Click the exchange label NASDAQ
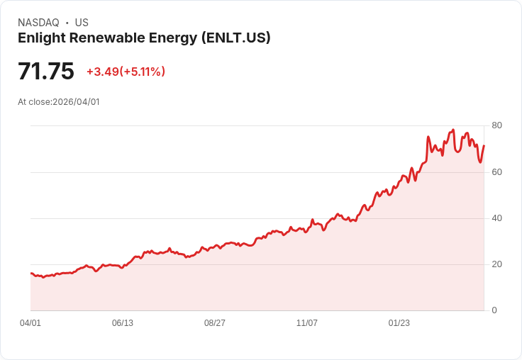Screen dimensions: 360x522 (38, 23)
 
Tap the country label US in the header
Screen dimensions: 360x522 (82, 23)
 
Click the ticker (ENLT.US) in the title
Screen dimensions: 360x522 (235, 38)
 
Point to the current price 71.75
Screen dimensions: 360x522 (46, 72)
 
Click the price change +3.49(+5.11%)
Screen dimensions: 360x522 (126, 72)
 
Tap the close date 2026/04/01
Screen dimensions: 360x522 (77, 102)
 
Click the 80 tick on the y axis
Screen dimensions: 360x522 (496, 125)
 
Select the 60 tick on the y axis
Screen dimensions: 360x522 (496, 171)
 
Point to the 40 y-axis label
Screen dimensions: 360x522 (496, 218)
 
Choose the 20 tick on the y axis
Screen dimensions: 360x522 (496, 264)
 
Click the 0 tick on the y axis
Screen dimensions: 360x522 (494, 310)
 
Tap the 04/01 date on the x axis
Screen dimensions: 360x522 (30, 323)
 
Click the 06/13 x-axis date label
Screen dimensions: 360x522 (123, 323)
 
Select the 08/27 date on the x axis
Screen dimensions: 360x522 (215, 323)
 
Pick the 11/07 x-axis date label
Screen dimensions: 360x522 (307, 323)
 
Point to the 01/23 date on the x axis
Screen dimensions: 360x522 (399, 323)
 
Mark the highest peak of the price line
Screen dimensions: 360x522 (452, 130)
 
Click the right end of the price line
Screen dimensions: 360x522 (484, 146)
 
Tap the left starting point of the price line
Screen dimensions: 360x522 (30, 273)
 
